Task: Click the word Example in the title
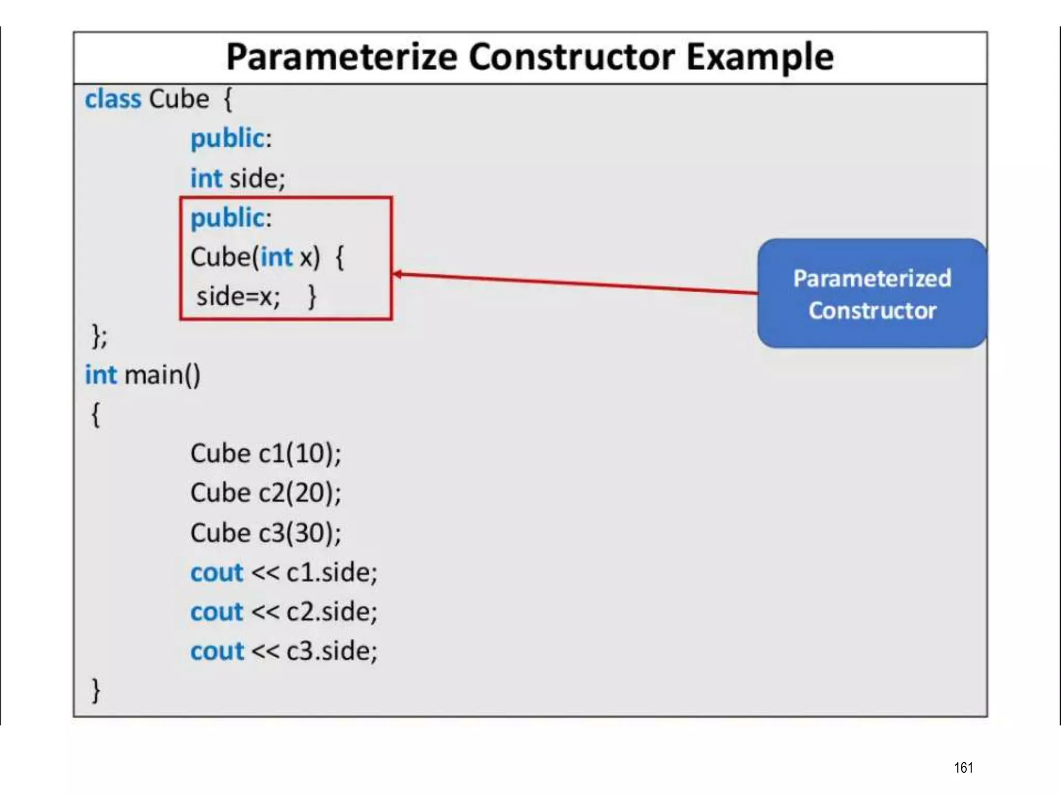pos(760,57)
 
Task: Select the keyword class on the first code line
pos(113,99)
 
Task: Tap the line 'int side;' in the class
pos(237,178)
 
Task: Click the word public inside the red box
pos(227,218)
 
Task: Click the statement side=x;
pos(238,297)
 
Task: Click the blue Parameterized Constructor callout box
pos(872,293)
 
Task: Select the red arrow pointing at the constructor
pos(575,283)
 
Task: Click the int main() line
pos(142,375)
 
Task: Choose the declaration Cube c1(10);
pos(266,453)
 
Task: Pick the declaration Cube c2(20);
pos(266,493)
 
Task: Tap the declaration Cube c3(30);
pos(266,533)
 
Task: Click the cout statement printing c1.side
pos(284,573)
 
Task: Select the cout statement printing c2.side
pos(284,612)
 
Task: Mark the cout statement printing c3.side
pos(284,651)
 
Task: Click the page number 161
pos(963,767)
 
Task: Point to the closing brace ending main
pos(96,690)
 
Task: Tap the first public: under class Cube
pos(231,138)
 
